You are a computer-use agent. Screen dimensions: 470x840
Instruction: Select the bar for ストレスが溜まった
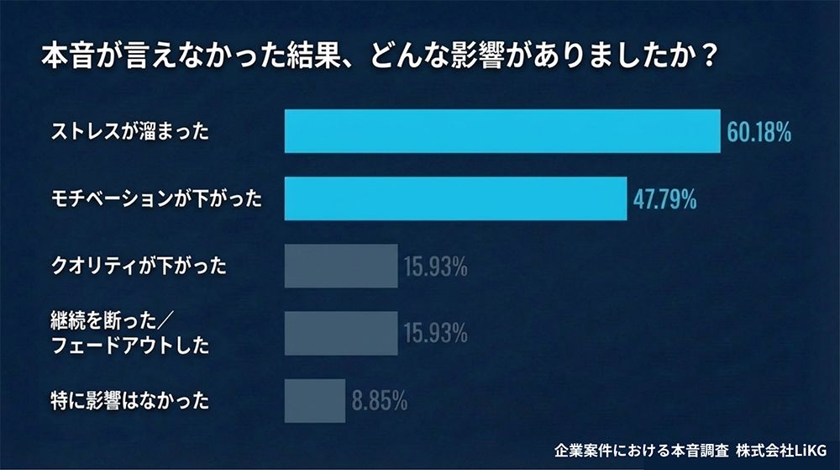click(x=502, y=131)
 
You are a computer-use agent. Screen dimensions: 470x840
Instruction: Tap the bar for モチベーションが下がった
click(x=455, y=198)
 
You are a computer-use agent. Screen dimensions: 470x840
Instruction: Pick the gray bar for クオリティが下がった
click(x=341, y=267)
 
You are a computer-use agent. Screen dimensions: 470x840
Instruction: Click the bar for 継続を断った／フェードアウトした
click(x=341, y=333)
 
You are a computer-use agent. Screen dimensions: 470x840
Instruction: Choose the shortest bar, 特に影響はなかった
click(x=315, y=400)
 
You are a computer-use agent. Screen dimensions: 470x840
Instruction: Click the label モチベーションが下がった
click(x=156, y=199)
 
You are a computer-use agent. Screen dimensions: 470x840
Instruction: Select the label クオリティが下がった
click(x=139, y=267)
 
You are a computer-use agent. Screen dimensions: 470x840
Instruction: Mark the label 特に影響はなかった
click(x=130, y=401)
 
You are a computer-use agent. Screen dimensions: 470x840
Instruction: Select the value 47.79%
click(x=664, y=199)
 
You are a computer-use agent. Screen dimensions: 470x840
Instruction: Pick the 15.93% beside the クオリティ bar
click(x=435, y=267)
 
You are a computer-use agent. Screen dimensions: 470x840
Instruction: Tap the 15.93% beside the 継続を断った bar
click(x=435, y=334)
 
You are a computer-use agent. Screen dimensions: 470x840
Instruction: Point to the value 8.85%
click(x=380, y=401)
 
